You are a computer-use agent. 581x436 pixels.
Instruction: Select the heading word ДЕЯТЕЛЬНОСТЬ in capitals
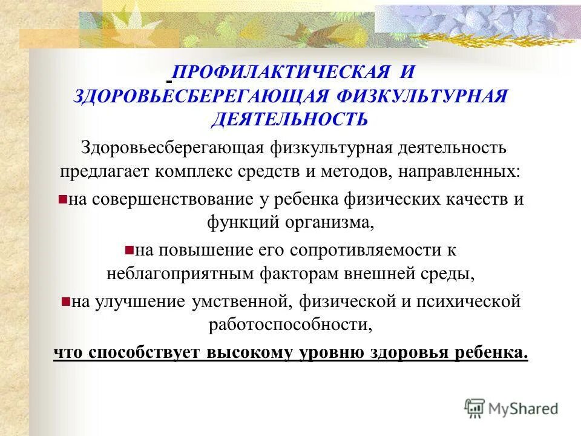[x=289, y=118]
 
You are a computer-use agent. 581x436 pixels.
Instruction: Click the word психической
[x=470, y=300]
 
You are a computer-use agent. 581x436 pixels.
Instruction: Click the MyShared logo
[x=511, y=408]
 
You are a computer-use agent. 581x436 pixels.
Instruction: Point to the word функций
[x=241, y=222]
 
